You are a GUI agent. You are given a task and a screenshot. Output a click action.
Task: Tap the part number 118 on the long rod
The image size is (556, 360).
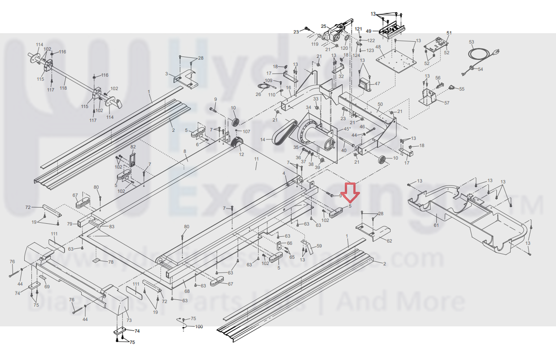63,89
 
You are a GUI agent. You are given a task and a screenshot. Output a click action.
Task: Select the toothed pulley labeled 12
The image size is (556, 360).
237,145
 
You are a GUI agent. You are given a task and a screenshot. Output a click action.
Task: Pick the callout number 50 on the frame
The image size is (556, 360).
380,105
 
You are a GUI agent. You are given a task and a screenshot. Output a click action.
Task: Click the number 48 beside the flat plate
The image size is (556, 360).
378,47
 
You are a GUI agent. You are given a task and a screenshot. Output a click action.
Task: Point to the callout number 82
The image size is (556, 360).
133,147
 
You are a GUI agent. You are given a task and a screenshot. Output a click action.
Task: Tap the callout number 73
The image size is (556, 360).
129,320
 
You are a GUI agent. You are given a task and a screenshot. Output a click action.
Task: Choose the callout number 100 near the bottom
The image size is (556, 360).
198,326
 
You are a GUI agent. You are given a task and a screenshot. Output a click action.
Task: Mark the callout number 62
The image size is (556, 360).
389,241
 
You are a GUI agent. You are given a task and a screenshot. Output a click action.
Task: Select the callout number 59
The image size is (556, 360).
319,246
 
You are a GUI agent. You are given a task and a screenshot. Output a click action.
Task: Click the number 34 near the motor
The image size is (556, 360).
308,108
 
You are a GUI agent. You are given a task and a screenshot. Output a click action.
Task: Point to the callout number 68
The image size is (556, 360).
187,292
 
